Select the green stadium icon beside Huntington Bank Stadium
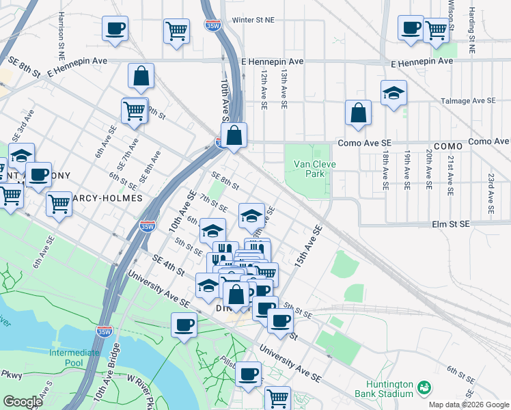pyautogui.click(x=425, y=387)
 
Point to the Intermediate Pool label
pyautogui.click(x=74, y=357)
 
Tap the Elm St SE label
pyautogui.click(x=451, y=223)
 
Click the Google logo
pyautogui.click(x=23, y=402)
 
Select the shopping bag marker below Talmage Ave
pyautogui.click(x=358, y=114)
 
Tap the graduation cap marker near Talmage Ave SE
pyautogui.click(x=393, y=95)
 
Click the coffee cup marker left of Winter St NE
pyautogui.click(x=115, y=29)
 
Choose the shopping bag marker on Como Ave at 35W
pyautogui.click(x=234, y=135)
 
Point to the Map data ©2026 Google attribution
pyautogui.click(x=469, y=405)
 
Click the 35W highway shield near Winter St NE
pyautogui.click(x=212, y=25)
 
